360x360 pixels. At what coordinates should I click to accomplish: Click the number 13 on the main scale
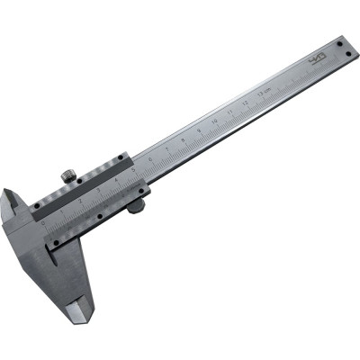coord(261,92)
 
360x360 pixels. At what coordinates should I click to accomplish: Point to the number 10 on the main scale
coord(214,119)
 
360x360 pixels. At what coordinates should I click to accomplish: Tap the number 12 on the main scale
coord(246,101)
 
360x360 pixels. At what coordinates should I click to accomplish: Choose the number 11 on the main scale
coord(229,110)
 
